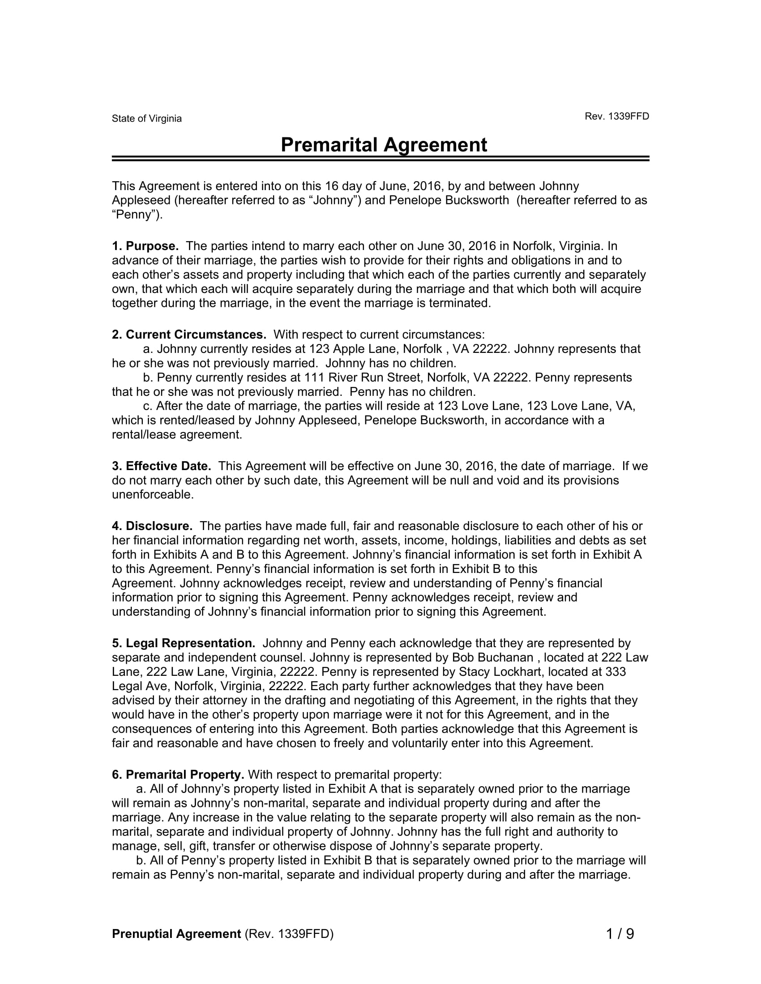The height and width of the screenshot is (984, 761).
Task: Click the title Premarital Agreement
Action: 384,145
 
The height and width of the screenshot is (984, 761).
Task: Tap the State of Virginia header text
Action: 146,119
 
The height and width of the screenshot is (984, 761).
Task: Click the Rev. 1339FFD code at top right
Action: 617,116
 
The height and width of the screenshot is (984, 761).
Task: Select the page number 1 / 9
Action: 620,934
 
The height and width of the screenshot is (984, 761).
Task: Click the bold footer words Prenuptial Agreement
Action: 176,934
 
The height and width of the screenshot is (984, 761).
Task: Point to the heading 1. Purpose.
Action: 145,246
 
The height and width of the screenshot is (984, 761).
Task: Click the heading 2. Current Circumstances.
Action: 189,335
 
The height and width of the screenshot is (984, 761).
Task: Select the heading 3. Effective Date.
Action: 162,466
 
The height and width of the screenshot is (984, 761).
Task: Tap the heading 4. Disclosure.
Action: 152,526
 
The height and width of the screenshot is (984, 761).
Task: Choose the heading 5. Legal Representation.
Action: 184,643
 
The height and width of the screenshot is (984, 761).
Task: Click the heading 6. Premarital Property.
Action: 178,775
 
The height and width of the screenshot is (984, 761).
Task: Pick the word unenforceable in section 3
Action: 152,495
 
